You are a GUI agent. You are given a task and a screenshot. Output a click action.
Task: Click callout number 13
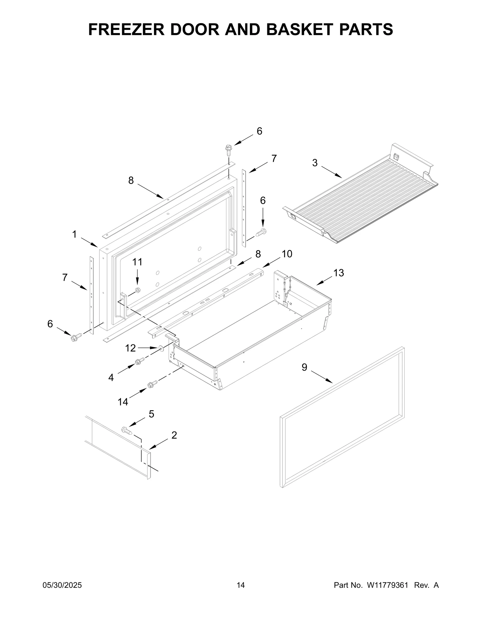point(338,273)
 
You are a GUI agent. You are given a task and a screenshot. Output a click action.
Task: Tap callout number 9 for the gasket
point(304,367)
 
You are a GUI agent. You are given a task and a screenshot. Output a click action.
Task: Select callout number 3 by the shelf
point(314,163)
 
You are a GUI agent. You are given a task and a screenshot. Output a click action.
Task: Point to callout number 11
point(137,262)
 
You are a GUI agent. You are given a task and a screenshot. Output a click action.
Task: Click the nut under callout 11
point(138,290)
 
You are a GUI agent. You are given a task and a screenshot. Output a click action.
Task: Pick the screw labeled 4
point(139,362)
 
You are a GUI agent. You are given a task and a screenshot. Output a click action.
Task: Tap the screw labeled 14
point(152,384)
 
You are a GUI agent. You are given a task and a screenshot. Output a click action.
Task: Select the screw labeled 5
point(127,431)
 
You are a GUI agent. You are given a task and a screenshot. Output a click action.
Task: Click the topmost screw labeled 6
point(228,150)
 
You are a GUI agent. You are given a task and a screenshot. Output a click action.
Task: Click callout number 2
point(174,435)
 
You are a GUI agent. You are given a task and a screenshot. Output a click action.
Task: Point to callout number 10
point(287,254)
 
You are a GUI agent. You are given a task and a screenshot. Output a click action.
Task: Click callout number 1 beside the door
point(74,234)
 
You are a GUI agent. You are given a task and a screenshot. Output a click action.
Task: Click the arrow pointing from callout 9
point(321,377)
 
